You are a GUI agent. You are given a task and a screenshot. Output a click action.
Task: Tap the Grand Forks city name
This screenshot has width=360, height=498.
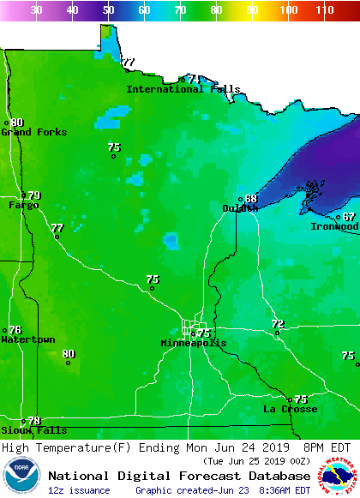point(28,132)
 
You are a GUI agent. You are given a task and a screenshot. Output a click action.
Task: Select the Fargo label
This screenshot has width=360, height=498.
point(23,205)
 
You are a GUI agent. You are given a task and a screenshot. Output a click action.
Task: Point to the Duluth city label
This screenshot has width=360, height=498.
point(240,208)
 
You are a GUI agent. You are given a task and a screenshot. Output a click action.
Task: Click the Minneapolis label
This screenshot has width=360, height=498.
point(194,343)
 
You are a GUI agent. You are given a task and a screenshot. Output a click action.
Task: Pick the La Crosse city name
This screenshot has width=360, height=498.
point(290,409)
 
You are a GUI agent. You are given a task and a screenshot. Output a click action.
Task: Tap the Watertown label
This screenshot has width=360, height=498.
point(28,339)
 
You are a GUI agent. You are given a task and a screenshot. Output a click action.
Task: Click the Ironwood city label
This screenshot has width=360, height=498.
point(334,226)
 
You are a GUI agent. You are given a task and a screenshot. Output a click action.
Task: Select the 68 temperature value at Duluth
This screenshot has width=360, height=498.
point(251,199)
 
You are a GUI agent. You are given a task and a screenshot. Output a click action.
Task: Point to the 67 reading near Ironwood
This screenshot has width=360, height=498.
point(349,217)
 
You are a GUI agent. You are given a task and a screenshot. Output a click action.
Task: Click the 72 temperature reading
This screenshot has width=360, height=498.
point(278,324)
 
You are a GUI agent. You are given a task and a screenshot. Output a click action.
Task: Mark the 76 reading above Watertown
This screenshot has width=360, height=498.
point(15,330)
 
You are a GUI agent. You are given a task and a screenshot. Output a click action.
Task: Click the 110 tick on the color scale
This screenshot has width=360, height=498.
point(324,10)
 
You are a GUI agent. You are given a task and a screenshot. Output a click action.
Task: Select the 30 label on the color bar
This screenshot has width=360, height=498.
point(37,10)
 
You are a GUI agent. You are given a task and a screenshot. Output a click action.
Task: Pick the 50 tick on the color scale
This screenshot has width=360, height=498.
point(109,10)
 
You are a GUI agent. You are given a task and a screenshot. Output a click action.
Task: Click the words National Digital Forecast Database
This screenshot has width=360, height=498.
point(179,476)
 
